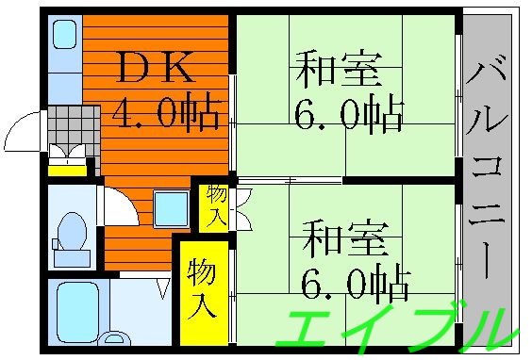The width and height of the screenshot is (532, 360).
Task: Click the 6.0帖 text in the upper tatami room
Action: (350, 115)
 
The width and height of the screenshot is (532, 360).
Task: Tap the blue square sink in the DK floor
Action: (171, 206)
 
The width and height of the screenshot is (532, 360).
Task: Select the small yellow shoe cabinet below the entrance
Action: (67, 170)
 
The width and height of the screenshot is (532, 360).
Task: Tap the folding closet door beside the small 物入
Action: (241, 208)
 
